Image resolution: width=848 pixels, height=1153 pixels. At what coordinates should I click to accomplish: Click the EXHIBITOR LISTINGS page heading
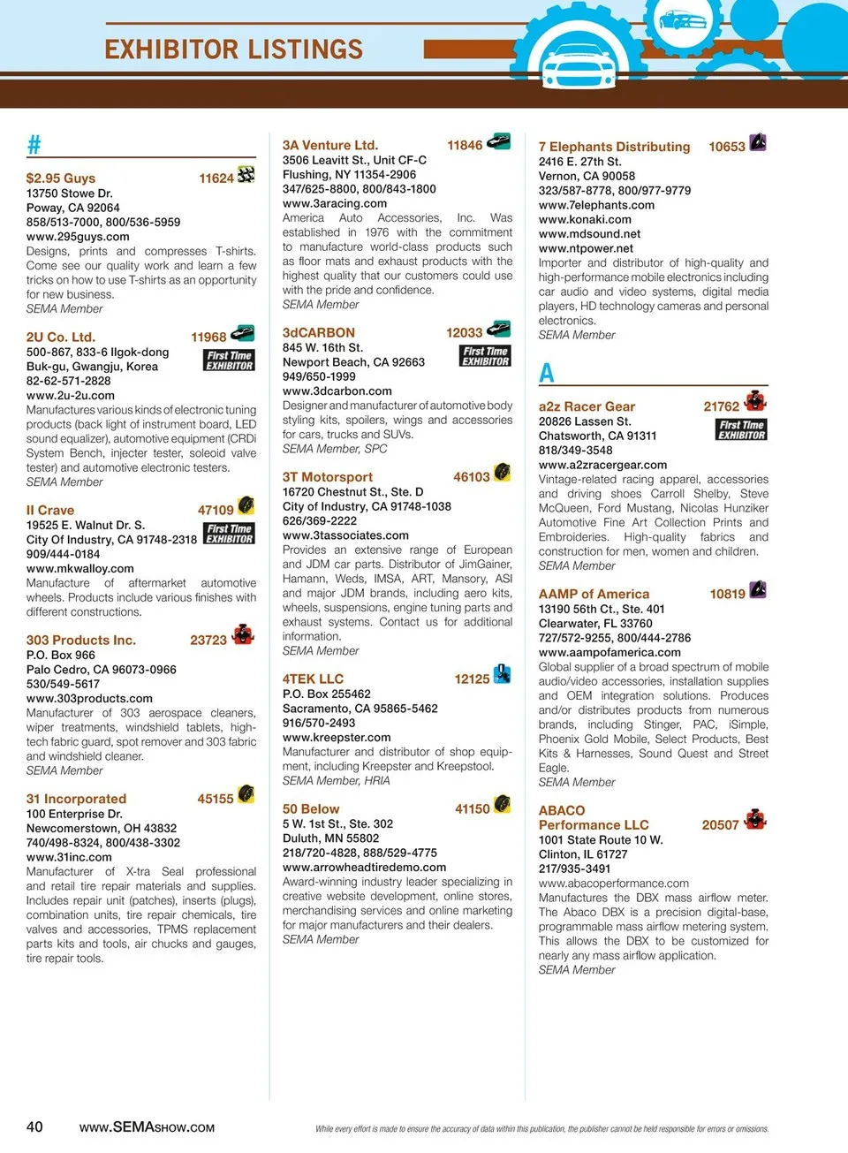233,49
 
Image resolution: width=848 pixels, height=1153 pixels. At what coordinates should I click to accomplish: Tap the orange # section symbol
34,144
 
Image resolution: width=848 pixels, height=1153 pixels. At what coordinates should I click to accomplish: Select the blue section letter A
547,373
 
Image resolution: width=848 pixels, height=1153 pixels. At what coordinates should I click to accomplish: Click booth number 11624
216,178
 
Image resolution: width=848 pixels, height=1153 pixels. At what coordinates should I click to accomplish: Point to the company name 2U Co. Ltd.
61,338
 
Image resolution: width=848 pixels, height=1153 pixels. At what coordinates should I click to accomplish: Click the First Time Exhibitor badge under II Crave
230,534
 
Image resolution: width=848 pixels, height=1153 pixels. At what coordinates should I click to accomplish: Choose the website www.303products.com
89,699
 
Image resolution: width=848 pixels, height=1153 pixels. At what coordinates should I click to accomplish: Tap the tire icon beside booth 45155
246,794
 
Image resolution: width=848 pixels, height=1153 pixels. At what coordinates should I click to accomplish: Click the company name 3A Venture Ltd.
330,146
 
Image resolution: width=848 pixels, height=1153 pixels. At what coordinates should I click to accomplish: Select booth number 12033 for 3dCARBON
465,333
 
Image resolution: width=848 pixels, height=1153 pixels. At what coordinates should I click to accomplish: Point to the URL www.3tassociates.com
345,535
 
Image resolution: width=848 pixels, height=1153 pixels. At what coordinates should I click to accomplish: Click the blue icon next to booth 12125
502,674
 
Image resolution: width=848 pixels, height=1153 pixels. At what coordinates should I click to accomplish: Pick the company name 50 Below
311,809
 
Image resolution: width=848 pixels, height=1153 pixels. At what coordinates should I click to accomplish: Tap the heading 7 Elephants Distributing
615,148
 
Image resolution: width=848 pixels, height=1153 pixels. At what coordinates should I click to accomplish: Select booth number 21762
721,407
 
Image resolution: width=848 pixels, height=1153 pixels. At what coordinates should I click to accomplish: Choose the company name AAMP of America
594,595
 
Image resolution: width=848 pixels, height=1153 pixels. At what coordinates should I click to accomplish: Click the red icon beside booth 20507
754,820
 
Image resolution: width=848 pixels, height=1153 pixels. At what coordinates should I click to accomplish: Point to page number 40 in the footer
34,1126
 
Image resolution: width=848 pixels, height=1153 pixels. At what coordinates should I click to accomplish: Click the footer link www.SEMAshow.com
147,1127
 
